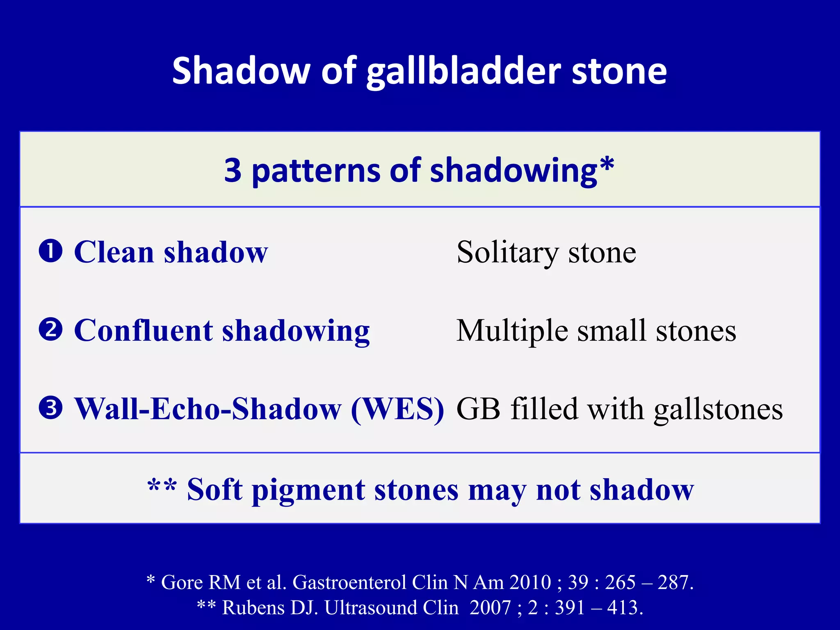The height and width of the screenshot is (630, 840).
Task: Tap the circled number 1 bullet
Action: (50, 251)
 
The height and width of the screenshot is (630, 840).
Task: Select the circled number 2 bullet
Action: (50, 329)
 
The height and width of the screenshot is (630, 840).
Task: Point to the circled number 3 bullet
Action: (50, 408)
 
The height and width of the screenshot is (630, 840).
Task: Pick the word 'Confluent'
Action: (144, 331)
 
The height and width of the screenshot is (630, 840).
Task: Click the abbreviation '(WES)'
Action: (397, 409)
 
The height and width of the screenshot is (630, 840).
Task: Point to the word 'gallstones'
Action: (718, 410)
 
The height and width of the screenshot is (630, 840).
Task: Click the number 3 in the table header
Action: (233, 170)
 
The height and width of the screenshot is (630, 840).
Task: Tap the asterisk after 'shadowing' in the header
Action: (607, 164)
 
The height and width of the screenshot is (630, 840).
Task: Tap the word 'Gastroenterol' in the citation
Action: (349, 582)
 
